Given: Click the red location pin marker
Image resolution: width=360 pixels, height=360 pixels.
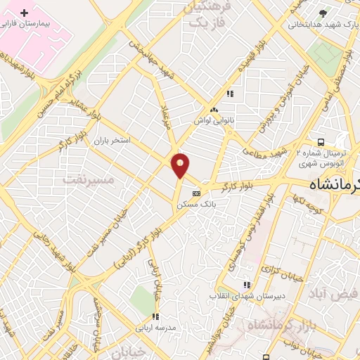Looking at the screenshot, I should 181,165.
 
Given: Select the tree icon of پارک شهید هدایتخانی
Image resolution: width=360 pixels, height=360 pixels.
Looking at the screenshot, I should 323,13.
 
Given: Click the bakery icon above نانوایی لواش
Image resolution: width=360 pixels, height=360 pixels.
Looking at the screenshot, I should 214,110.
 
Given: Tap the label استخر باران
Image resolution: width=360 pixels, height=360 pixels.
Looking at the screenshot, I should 112,141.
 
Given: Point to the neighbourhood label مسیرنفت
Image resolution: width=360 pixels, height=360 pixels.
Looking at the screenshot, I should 88,179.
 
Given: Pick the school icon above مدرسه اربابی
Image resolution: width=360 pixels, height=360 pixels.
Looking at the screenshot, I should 155,317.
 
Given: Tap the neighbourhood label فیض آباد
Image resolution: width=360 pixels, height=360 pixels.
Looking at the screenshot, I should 333,295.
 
